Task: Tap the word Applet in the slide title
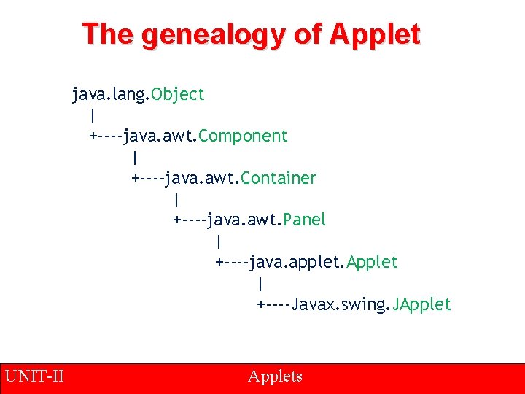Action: point(375,34)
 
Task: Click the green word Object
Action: point(179,94)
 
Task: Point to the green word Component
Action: point(243,136)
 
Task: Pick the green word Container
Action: point(279,178)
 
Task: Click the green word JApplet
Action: point(422,304)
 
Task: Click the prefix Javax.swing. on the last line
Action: point(341,304)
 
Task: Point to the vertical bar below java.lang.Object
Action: point(93,115)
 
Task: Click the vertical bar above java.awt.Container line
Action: point(135,157)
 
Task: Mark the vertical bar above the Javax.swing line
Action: point(260,283)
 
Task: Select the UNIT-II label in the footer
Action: point(34,376)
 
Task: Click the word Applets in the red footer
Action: point(275,376)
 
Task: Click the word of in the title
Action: point(307,34)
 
